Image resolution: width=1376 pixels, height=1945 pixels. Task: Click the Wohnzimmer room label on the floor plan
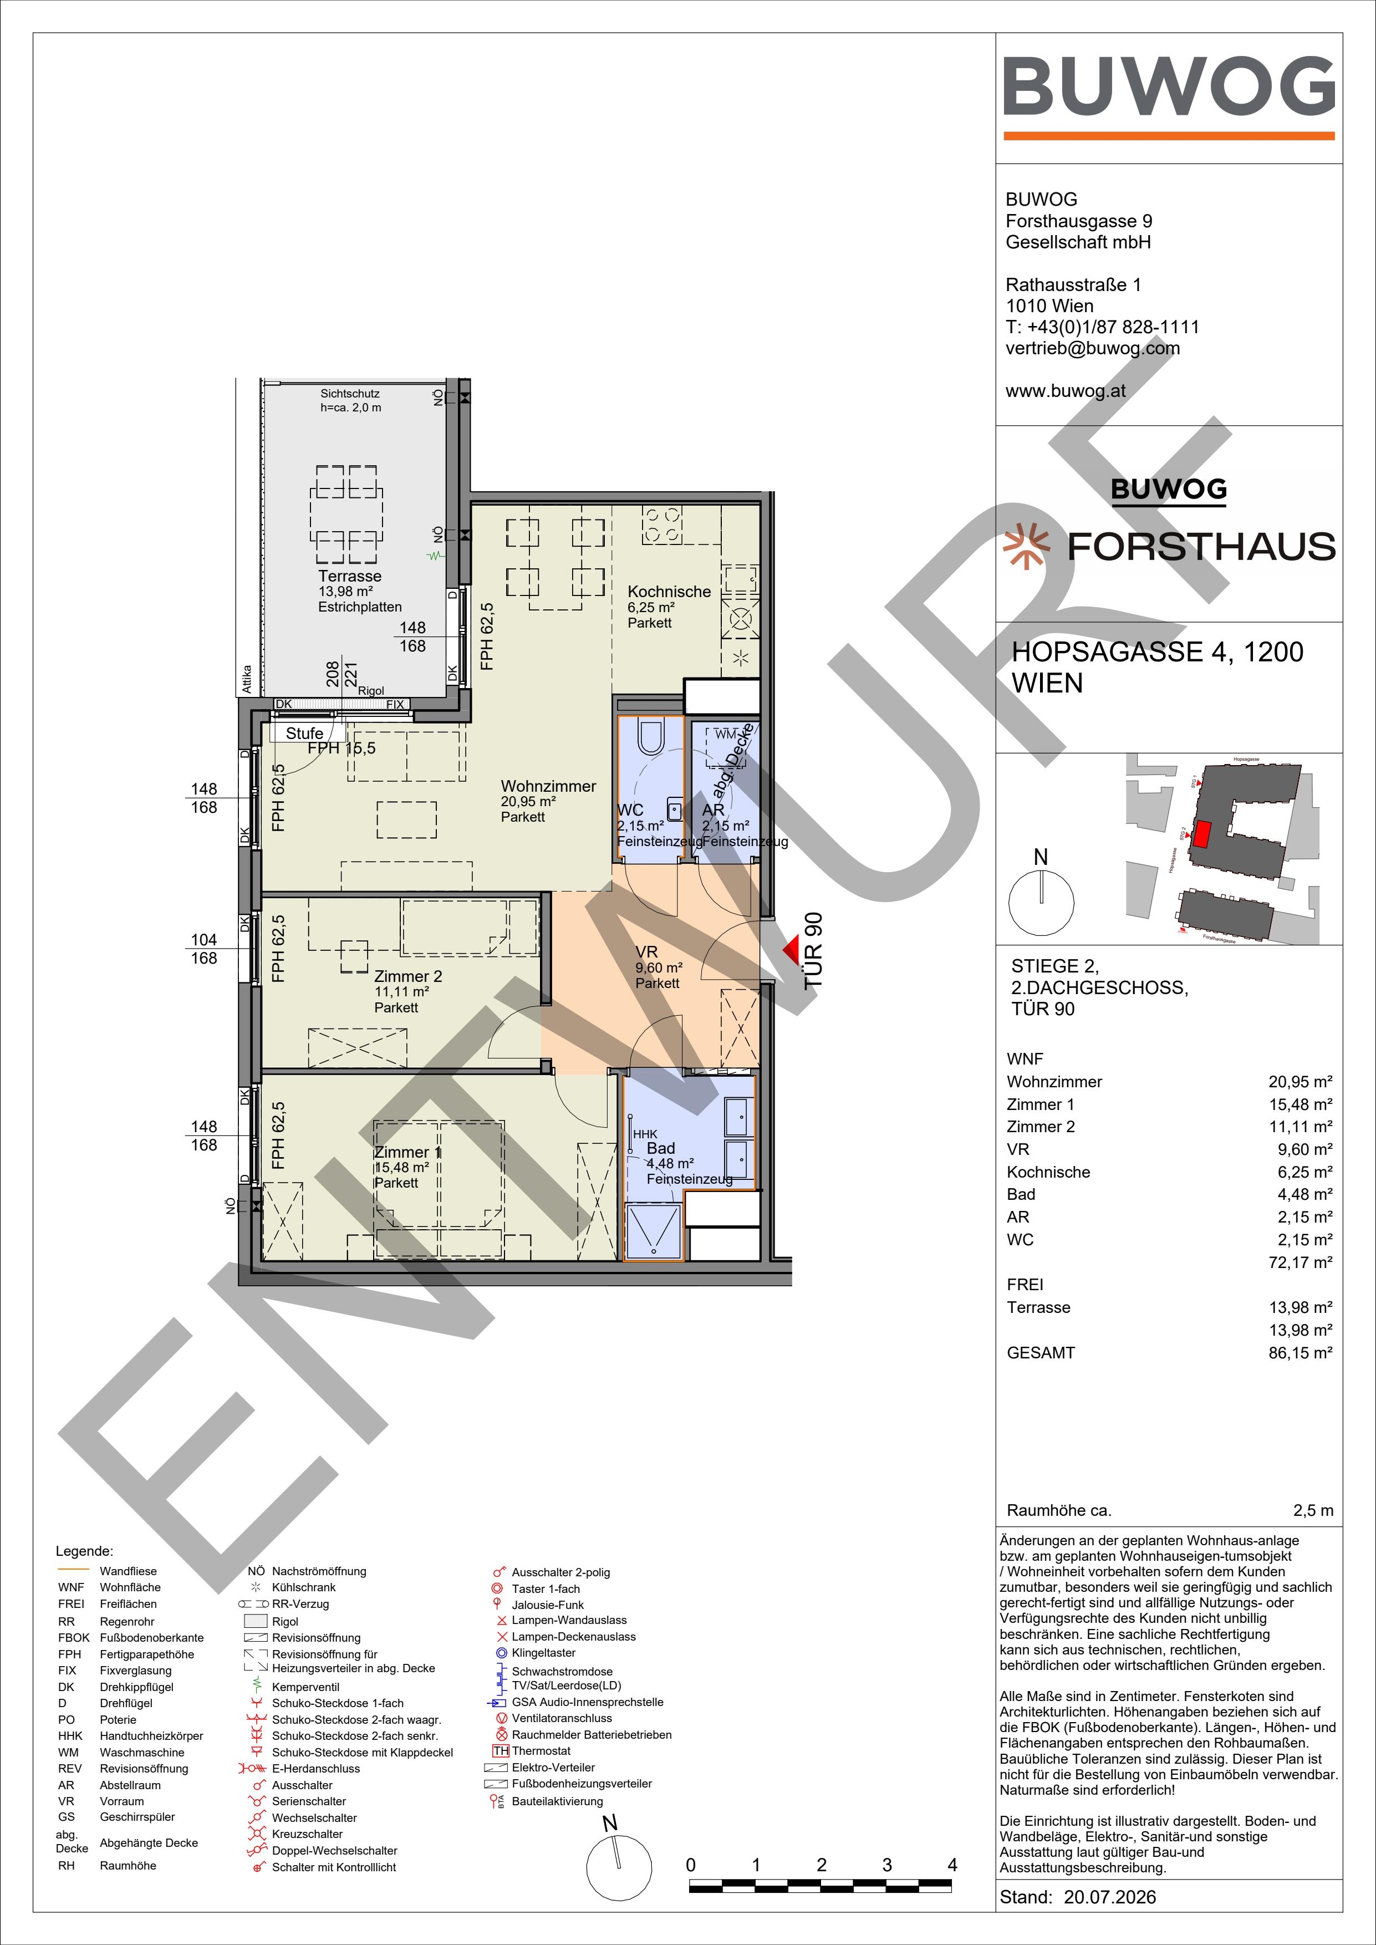click(x=548, y=786)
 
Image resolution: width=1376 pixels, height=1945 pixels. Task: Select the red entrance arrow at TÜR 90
click(x=791, y=950)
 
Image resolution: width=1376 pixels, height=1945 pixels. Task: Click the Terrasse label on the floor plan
click(x=350, y=576)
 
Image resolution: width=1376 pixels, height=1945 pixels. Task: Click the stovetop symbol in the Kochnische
click(x=662, y=525)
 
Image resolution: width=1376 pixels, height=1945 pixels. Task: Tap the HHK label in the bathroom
click(x=645, y=1133)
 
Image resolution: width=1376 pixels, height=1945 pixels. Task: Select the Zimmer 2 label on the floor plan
click(x=409, y=977)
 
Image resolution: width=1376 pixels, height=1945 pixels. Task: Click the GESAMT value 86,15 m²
click(x=1301, y=1353)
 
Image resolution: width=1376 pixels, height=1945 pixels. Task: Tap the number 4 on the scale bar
click(x=952, y=1865)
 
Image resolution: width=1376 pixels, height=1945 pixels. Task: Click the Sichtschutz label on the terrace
click(x=350, y=394)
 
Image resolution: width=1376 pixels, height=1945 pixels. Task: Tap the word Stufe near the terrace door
click(x=304, y=734)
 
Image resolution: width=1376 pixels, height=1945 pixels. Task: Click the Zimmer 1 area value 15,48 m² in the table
click(x=1301, y=1104)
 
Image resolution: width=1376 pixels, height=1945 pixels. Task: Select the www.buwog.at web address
click(x=1066, y=391)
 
